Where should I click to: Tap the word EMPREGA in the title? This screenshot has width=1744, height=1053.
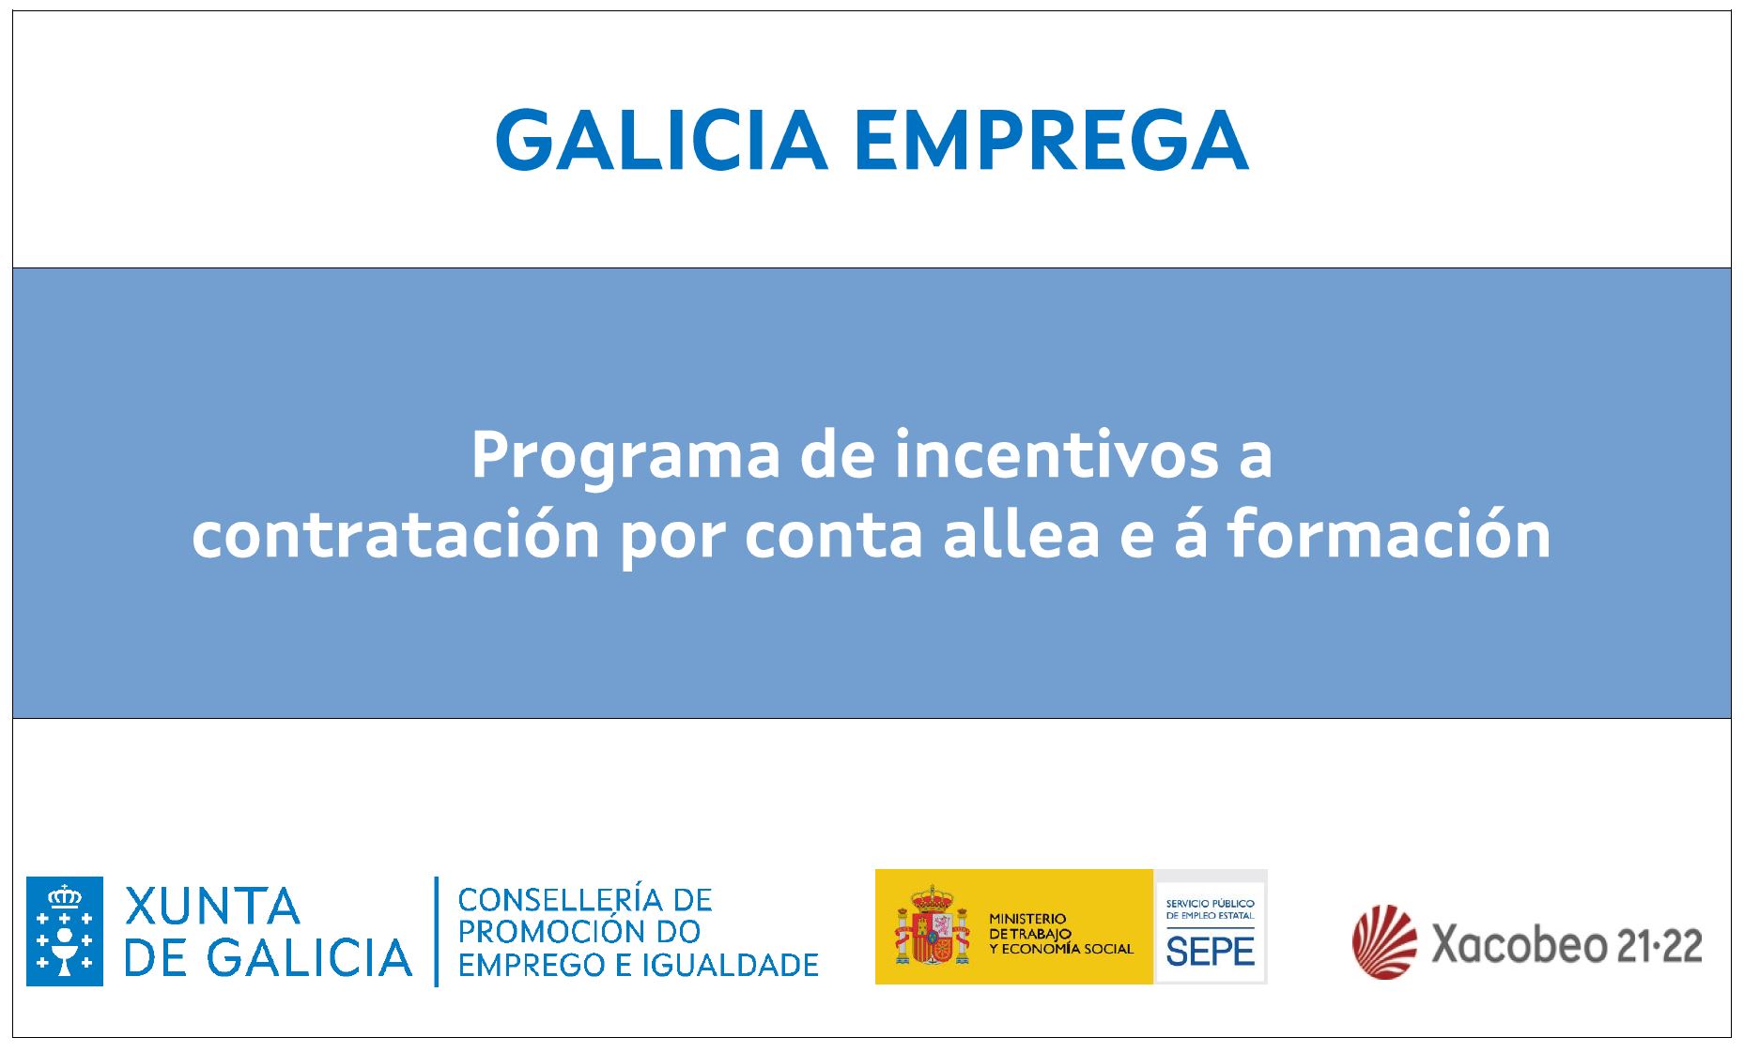1052,140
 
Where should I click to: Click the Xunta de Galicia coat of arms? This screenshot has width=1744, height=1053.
65,931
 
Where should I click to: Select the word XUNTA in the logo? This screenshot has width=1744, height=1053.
212,907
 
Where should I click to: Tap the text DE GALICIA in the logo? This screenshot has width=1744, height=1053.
269,956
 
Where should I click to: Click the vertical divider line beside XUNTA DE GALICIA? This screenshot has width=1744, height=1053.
437,931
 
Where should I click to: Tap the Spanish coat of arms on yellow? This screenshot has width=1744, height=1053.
932,927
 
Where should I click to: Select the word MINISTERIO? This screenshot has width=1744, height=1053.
1027,919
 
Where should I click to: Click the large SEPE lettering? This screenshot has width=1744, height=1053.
1210,952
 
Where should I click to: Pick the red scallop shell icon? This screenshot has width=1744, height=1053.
1384,941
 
